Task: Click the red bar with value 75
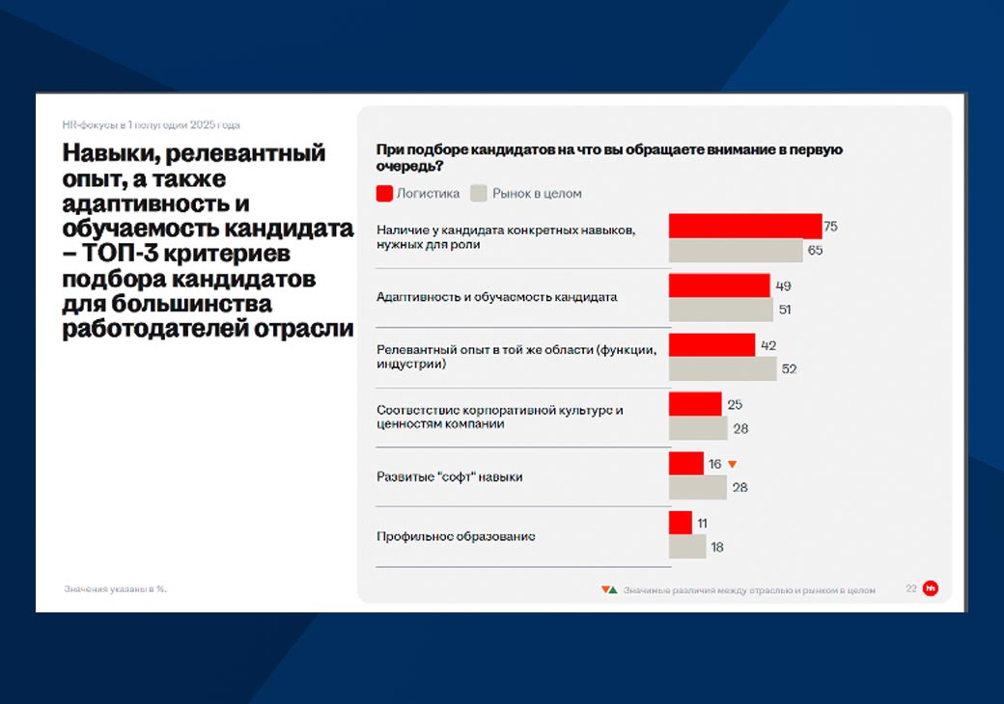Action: pos(745,227)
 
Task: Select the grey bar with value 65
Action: pos(736,251)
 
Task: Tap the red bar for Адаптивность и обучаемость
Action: pos(719,285)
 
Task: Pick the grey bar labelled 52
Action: pos(722,368)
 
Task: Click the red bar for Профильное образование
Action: pos(681,523)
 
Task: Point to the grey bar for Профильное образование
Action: pos(687,547)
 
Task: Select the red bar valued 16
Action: pos(686,464)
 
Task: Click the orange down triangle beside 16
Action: pos(732,464)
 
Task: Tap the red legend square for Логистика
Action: pos(384,193)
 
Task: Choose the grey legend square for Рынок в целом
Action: pos(478,193)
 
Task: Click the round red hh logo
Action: pos(931,588)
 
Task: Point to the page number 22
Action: pos(911,588)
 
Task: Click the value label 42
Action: pos(768,345)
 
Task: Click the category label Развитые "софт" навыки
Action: pos(449,477)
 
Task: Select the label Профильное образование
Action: pos(456,536)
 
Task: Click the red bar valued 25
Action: pos(695,404)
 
